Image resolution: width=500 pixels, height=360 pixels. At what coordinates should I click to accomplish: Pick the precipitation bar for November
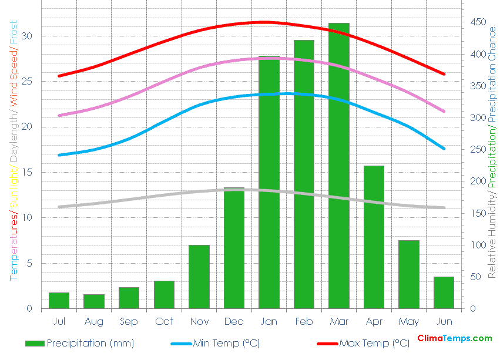pos(199,277)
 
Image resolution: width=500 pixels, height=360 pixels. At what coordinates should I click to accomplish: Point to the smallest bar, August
pos(94,301)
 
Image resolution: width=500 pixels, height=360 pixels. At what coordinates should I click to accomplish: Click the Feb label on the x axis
pos(304,321)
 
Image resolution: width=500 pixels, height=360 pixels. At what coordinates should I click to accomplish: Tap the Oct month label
pos(164,321)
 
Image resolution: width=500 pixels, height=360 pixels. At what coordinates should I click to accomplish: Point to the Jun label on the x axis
pos(444,321)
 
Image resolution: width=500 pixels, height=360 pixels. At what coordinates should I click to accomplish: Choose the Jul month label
pos(59,321)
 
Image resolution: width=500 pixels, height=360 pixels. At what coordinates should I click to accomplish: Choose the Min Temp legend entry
pos(226,343)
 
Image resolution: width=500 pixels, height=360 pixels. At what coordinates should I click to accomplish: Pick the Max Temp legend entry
pos(374,343)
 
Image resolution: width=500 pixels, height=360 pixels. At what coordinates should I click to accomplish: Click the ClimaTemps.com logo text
pos(455,338)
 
